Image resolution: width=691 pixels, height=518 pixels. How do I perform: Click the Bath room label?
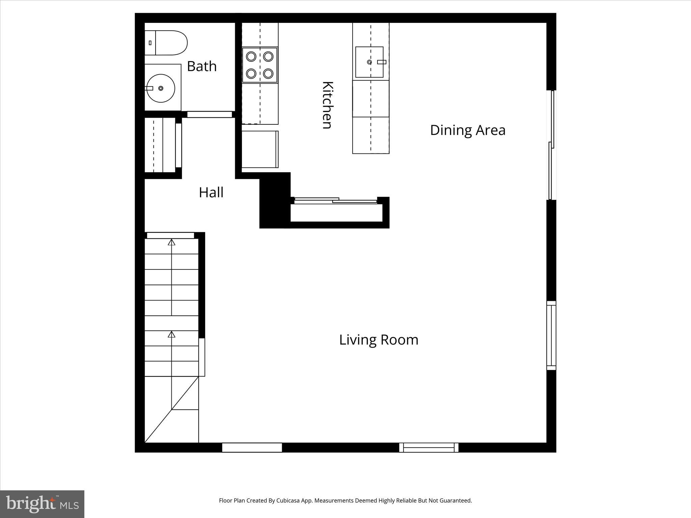point(201,66)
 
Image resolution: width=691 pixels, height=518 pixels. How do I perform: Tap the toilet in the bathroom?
point(166,43)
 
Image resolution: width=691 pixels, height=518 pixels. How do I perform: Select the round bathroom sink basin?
point(161,88)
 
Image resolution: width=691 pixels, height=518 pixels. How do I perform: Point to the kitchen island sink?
point(369,62)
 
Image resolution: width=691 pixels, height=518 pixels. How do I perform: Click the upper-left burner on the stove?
point(251,56)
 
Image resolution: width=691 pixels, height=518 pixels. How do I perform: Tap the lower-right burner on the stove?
point(269,73)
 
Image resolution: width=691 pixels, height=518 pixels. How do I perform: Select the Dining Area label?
point(468,130)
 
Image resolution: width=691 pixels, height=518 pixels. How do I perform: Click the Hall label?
point(211,193)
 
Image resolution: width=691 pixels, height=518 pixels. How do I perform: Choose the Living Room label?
point(379,340)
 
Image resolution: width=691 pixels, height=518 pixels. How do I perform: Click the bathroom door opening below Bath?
point(210,114)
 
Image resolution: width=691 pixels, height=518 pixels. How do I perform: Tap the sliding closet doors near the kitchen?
point(335,201)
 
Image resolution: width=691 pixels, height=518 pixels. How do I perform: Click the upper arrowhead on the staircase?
point(172,242)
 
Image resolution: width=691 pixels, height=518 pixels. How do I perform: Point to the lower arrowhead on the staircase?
point(172,334)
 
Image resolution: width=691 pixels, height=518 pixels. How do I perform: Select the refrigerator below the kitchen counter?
point(260,149)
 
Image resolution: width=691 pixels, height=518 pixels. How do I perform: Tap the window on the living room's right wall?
point(551,336)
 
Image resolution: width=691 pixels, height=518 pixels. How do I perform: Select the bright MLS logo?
point(42,504)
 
